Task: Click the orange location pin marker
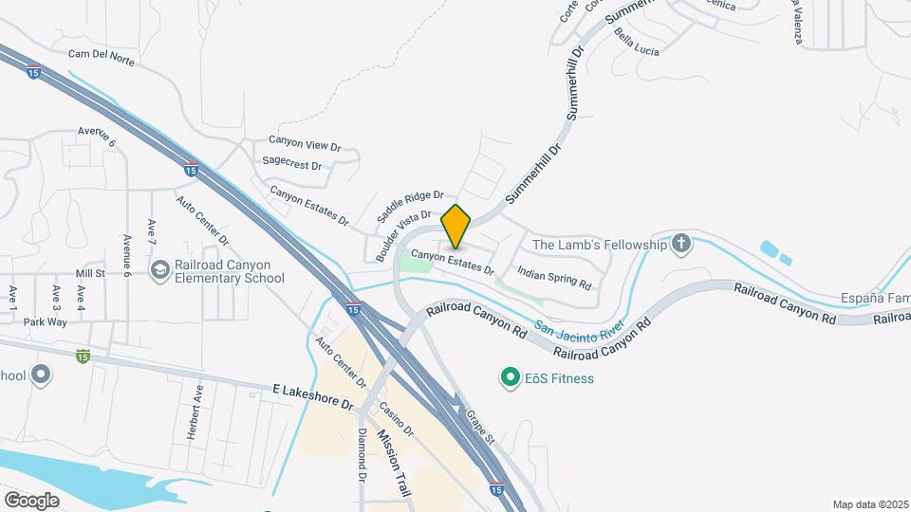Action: click(456, 226)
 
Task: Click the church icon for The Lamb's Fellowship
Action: click(680, 245)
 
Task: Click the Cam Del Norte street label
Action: click(102, 61)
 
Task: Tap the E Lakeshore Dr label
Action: click(312, 396)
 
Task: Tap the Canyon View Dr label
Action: click(304, 144)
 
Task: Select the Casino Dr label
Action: click(396, 417)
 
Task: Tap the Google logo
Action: click(32, 500)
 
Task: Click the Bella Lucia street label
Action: click(636, 40)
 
